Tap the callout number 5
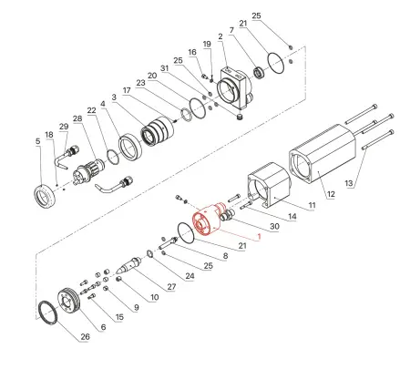click(37, 142)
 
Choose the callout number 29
click(63, 127)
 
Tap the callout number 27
click(171, 287)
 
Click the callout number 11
click(310, 206)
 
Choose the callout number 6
click(103, 326)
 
